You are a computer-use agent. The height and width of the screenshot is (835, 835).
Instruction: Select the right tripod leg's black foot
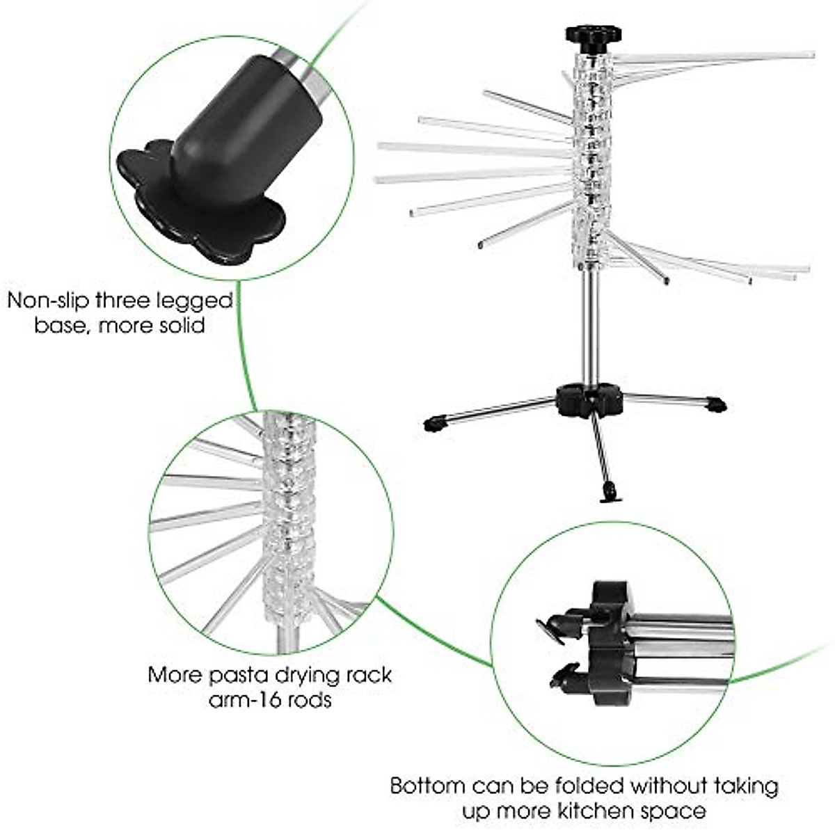click(716, 404)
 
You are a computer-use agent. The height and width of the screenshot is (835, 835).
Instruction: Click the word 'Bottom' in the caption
click(427, 786)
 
